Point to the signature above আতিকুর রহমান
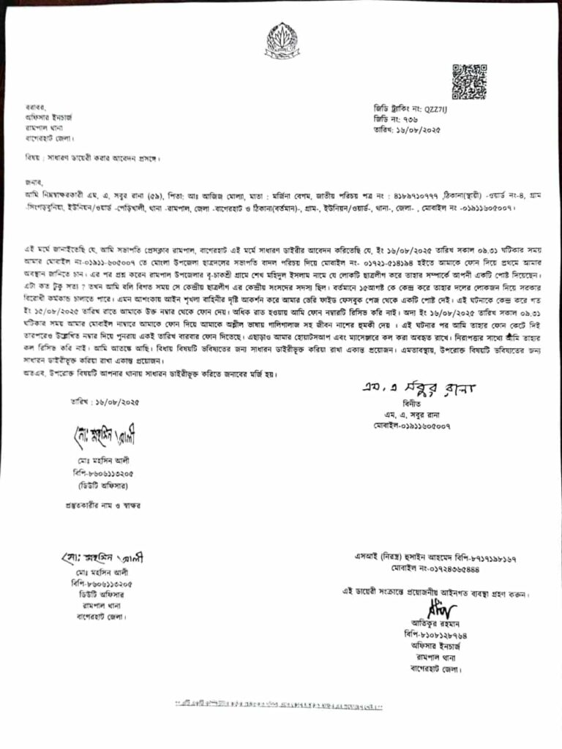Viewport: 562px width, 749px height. (x=443, y=609)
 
